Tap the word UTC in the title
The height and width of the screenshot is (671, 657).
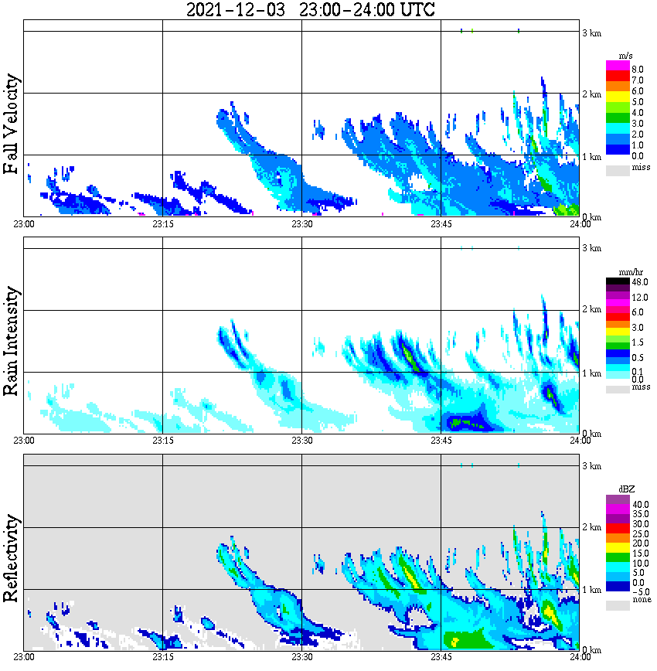point(414,10)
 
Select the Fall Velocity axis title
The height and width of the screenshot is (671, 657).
point(12,124)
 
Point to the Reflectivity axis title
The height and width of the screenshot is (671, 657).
point(12,560)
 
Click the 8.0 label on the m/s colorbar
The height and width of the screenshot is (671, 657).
point(637,69)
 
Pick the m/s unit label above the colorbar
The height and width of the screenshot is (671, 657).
point(627,56)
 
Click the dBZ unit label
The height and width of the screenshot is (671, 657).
point(627,489)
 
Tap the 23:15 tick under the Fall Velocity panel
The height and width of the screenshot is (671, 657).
point(162,224)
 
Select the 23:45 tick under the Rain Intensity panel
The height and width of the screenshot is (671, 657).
point(441,441)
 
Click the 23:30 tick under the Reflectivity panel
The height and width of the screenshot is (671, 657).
point(301,657)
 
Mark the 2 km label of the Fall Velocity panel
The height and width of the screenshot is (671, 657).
point(591,94)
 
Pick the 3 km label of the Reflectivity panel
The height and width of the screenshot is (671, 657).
point(591,466)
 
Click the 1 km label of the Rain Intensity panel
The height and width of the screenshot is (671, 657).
point(591,373)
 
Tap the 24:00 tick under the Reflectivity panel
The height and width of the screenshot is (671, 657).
point(580,657)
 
